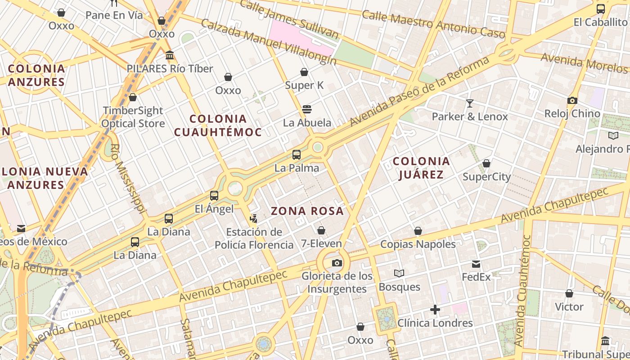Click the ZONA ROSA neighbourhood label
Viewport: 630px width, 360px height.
click(307, 211)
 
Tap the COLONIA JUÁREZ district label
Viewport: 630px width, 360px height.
click(421, 167)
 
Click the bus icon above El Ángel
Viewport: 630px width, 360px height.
click(214, 196)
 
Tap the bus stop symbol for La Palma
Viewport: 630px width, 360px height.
click(297, 155)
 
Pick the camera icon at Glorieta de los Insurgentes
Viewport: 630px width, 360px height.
click(337, 263)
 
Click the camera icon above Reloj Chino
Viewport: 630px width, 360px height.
click(572, 100)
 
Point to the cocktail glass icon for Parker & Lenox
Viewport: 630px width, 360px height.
click(470, 103)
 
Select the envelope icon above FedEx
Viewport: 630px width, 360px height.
click(476, 264)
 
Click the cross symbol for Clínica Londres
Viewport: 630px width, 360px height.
click(435, 310)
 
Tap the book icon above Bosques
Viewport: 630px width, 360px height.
click(399, 273)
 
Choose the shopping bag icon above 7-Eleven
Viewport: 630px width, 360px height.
click(321, 231)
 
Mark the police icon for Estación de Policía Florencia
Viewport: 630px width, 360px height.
click(254, 219)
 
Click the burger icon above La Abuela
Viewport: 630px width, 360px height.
click(307, 109)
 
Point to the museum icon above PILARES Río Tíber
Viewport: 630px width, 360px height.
click(170, 55)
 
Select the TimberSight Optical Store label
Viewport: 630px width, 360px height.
click(133, 117)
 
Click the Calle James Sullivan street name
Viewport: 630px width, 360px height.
click(289, 19)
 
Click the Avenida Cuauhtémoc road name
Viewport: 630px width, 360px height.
click(523, 290)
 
